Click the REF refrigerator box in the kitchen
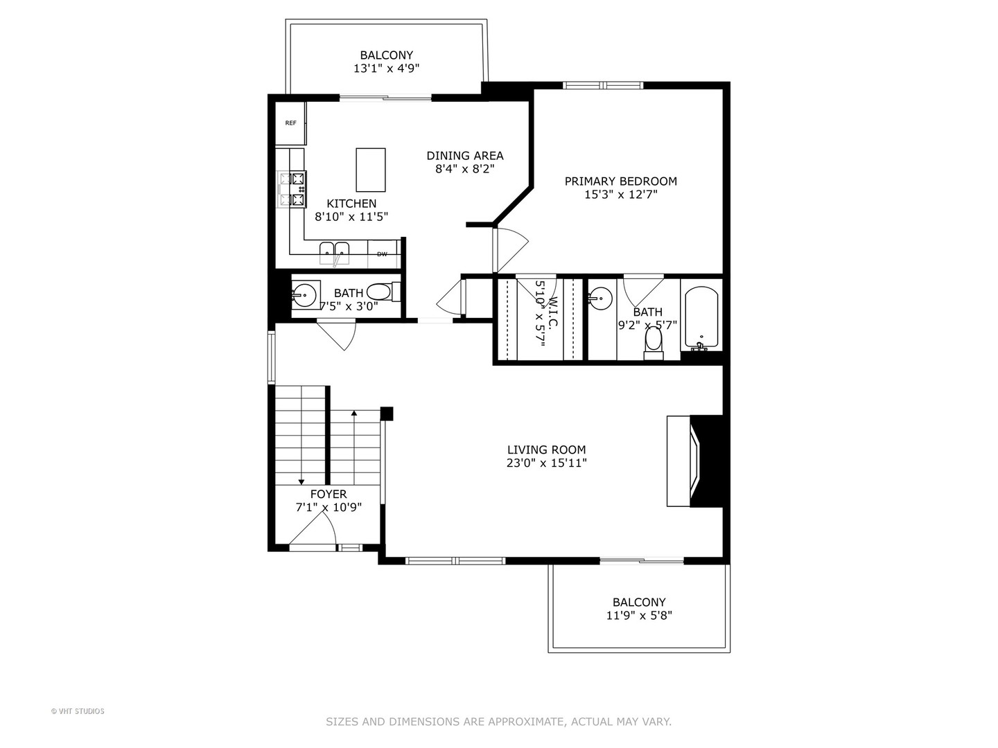pyautogui.click(x=290, y=123)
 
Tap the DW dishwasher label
pyautogui.click(x=382, y=254)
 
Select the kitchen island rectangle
pyautogui.click(x=371, y=170)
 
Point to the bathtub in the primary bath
pyautogui.click(x=701, y=318)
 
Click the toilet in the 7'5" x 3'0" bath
pyautogui.click(x=380, y=292)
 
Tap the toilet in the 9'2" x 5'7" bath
pyautogui.click(x=653, y=341)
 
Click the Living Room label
pyautogui.click(x=546, y=449)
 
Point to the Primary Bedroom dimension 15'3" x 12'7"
pyautogui.click(x=620, y=195)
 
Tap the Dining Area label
pyautogui.click(x=464, y=156)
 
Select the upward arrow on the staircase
pyautogui.click(x=354, y=414)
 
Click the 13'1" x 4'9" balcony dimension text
pyautogui.click(x=386, y=68)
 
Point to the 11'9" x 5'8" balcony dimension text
pyautogui.click(x=638, y=615)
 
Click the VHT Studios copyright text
pyautogui.click(x=78, y=711)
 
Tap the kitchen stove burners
pyautogui.click(x=299, y=189)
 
